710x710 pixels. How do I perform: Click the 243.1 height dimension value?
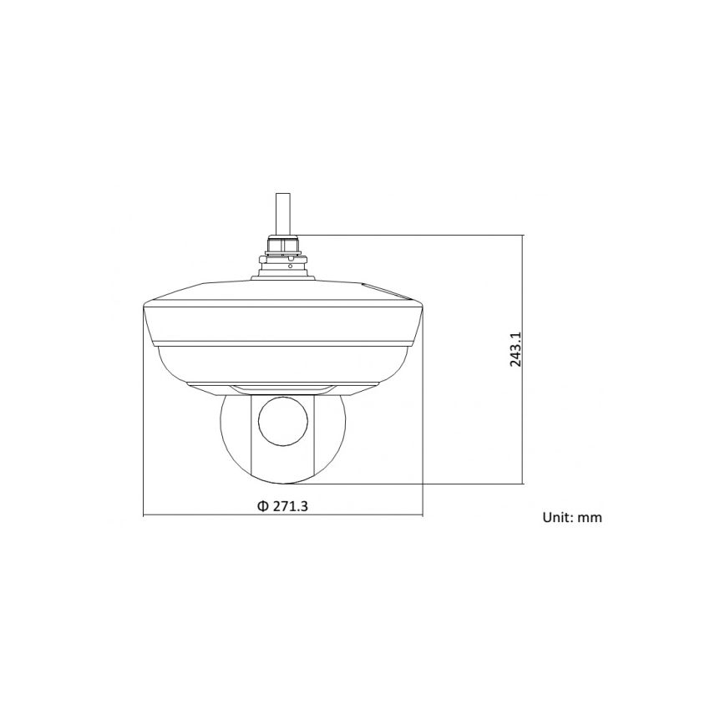point(515,350)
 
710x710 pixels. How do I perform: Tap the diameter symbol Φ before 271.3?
point(261,506)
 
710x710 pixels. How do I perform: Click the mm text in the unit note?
point(591,518)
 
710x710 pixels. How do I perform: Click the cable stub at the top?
point(284,212)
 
